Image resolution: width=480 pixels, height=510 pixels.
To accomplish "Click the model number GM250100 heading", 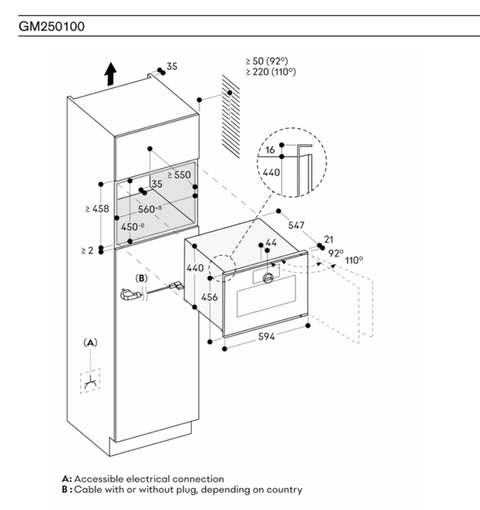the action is [x=52, y=26].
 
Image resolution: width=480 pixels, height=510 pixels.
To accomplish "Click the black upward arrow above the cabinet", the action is [x=110, y=74].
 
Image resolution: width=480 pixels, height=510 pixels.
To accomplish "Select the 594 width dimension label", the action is [x=266, y=336].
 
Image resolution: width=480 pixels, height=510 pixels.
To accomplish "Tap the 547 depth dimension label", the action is [x=296, y=225].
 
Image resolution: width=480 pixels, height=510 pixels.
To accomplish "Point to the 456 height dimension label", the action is [x=209, y=297].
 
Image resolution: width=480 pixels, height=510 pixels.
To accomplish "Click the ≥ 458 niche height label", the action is [x=97, y=209].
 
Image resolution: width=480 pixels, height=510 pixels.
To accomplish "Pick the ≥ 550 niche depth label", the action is [x=179, y=175].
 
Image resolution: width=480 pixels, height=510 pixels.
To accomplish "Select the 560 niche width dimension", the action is [x=150, y=209].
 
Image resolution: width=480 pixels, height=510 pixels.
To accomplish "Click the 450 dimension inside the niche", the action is [x=132, y=227].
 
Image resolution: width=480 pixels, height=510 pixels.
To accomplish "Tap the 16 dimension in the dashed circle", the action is [x=270, y=150].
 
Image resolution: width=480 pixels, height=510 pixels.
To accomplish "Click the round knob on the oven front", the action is [x=268, y=278].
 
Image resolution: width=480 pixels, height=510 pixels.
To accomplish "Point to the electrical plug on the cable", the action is [x=131, y=295].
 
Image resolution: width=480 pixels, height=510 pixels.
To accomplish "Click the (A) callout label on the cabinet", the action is [x=90, y=342].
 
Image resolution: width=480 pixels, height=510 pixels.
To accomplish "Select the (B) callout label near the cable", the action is [x=142, y=279].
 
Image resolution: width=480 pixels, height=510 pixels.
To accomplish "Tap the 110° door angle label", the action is [x=354, y=261].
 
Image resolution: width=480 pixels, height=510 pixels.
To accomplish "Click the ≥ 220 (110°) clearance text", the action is [x=271, y=72].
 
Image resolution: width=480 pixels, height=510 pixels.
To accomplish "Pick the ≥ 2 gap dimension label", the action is [x=87, y=250].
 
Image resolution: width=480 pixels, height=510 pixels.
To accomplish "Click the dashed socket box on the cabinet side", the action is [x=90, y=381].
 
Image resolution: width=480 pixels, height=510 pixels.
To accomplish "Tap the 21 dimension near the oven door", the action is [x=329, y=239].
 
